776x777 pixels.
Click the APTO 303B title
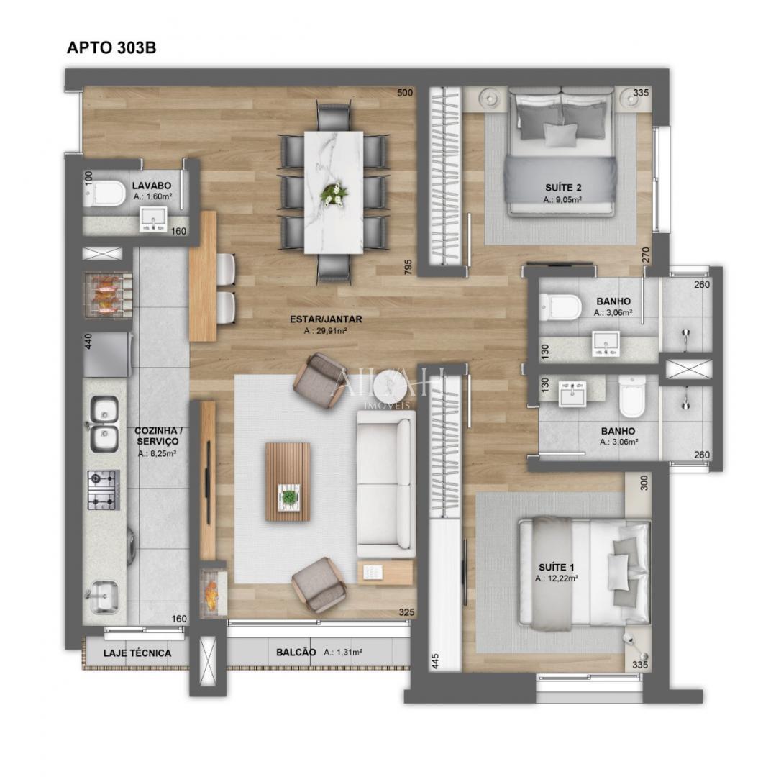111,48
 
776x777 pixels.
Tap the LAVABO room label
151,186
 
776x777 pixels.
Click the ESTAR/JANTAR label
326,319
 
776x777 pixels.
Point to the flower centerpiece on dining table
334,193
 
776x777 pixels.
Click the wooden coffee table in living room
288,481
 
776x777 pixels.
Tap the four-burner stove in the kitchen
103,490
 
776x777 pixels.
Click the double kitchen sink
105,423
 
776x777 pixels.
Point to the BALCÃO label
296,652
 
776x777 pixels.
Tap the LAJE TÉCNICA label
137,653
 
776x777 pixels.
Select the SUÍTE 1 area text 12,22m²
559,578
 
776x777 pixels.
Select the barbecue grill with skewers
109,294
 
